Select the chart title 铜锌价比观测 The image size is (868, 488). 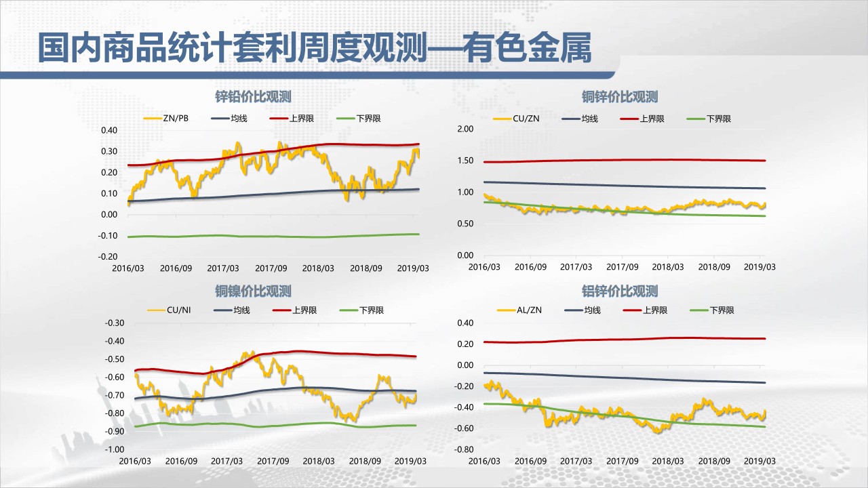[620, 97]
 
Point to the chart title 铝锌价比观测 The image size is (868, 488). [620, 291]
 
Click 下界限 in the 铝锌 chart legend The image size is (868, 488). [722, 310]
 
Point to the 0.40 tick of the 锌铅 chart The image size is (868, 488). [108, 130]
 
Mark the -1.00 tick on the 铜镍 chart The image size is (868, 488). [115, 449]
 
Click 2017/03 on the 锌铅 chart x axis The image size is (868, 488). [223, 268]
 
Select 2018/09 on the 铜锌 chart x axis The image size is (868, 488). [713, 267]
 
